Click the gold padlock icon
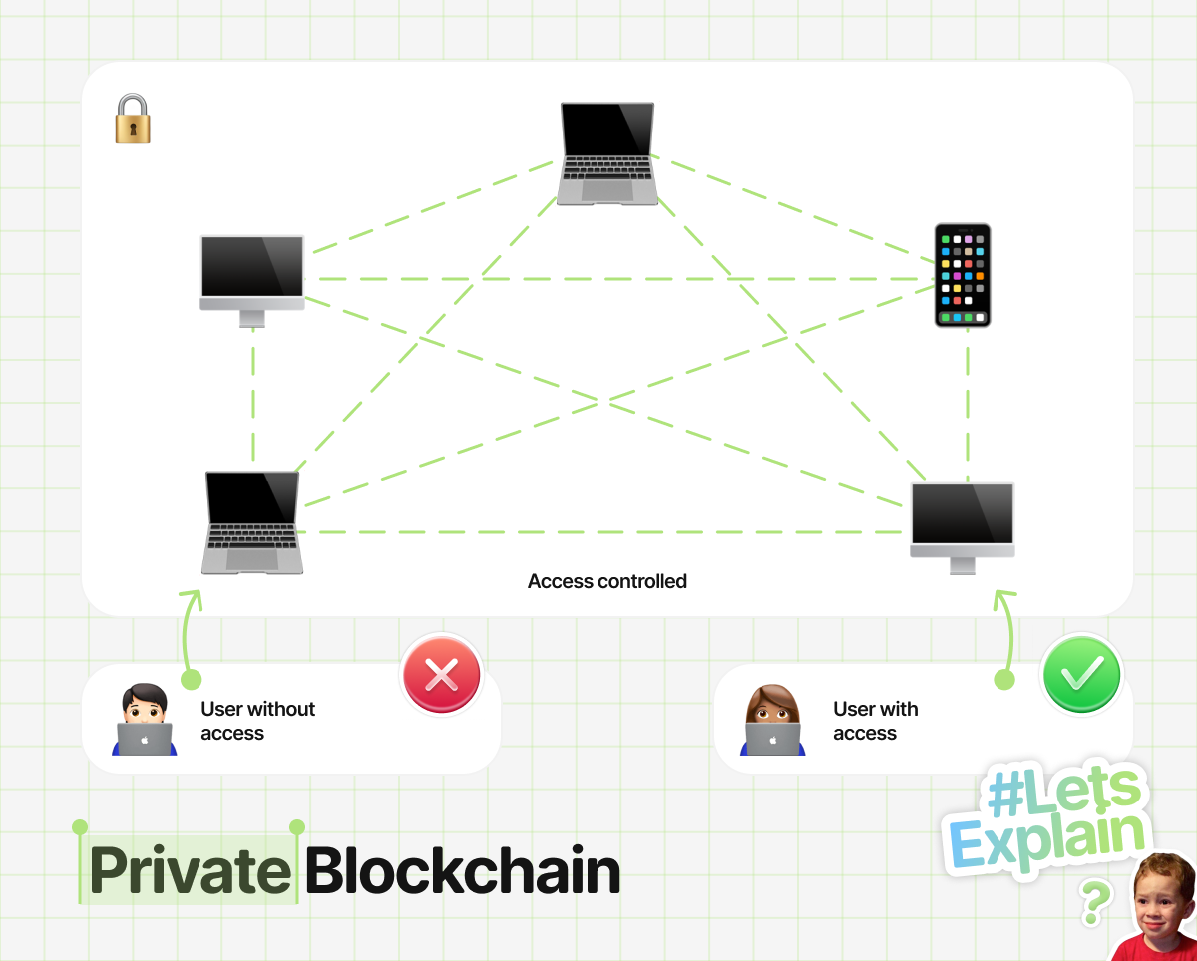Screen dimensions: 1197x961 point(133,118)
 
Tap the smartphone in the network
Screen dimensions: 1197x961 point(963,275)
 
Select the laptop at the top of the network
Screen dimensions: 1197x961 point(607,154)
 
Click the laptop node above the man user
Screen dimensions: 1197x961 point(252,522)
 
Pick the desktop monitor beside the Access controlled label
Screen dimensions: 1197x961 point(963,528)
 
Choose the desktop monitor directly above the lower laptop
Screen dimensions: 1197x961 point(252,281)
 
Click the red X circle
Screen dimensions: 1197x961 point(442,675)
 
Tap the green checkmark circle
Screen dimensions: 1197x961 point(1082,675)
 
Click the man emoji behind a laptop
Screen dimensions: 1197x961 point(144,719)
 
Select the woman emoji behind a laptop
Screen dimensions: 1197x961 point(773,719)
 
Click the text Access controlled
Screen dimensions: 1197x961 point(607,581)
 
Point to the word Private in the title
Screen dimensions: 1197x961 point(190,870)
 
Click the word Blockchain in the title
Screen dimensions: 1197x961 point(463,870)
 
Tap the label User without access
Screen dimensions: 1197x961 point(258,721)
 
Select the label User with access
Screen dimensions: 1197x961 point(876,721)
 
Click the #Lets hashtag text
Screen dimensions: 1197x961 point(1064,791)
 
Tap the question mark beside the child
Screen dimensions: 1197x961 point(1096,902)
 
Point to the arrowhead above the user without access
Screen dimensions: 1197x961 point(191,599)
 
